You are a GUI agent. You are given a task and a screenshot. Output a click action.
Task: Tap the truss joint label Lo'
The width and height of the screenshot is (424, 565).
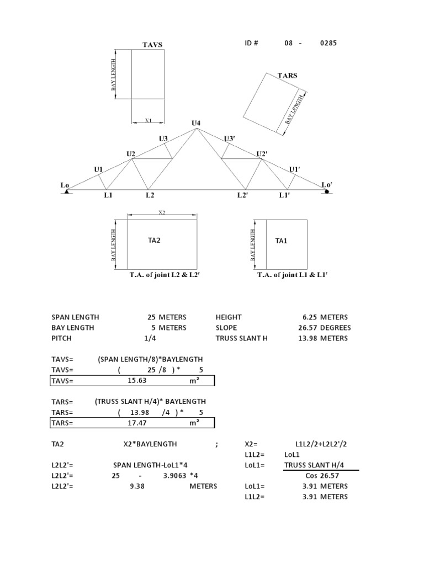click(x=327, y=185)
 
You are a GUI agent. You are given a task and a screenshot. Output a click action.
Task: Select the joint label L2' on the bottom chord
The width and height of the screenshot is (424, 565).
click(x=242, y=195)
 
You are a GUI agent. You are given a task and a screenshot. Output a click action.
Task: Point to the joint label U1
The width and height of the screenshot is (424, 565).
click(x=98, y=169)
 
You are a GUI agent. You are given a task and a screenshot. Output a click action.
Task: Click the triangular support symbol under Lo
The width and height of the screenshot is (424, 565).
click(x=67, y=191)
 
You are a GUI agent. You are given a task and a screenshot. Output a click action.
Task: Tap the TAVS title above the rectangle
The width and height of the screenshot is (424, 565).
click(x=152, y=45)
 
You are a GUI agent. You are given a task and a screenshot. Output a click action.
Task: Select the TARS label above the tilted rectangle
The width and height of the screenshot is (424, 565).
click(x=287, y=76)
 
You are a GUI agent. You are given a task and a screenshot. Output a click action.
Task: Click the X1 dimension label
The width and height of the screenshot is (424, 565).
click(x=148, y=120)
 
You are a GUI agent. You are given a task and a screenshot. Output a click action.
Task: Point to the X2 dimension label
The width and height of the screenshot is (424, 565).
click(x=162, y=212)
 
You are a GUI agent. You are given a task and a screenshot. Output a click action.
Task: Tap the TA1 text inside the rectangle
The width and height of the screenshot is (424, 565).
click(x=282, y=241)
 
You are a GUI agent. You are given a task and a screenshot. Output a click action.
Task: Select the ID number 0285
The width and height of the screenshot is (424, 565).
click(x=328, y=43)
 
